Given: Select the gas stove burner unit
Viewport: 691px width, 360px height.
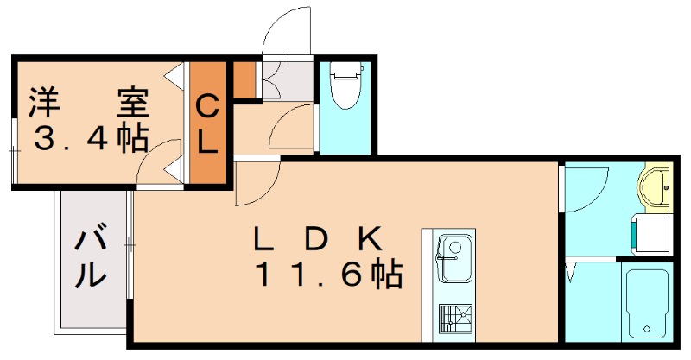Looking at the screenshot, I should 454,319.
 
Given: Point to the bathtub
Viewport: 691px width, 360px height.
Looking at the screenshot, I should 646,302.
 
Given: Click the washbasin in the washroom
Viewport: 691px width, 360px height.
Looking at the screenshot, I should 654,186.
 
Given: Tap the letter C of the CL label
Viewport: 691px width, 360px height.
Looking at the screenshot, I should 208,107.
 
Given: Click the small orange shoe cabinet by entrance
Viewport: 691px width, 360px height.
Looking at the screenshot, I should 246,79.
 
